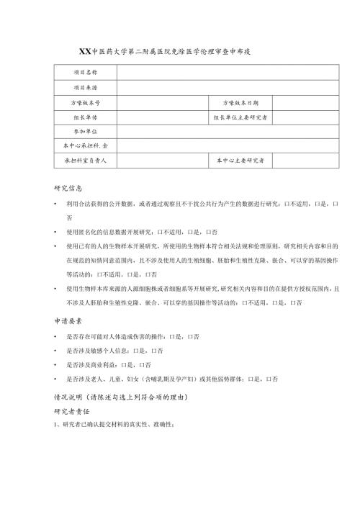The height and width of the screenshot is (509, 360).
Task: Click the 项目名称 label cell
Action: pos(85,73)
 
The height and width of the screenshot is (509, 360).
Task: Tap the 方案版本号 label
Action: pos(85,102)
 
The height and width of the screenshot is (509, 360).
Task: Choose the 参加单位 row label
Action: pos(85,131)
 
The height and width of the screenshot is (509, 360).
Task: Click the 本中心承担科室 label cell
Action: pos(85,145)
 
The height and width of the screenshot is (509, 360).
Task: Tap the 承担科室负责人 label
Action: pos(85,160)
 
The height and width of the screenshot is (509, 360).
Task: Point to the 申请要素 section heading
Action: pos(68,323)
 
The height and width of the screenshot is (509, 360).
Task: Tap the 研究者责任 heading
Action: pos(73,411)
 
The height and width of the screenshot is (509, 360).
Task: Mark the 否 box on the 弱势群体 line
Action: pos(269,379)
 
